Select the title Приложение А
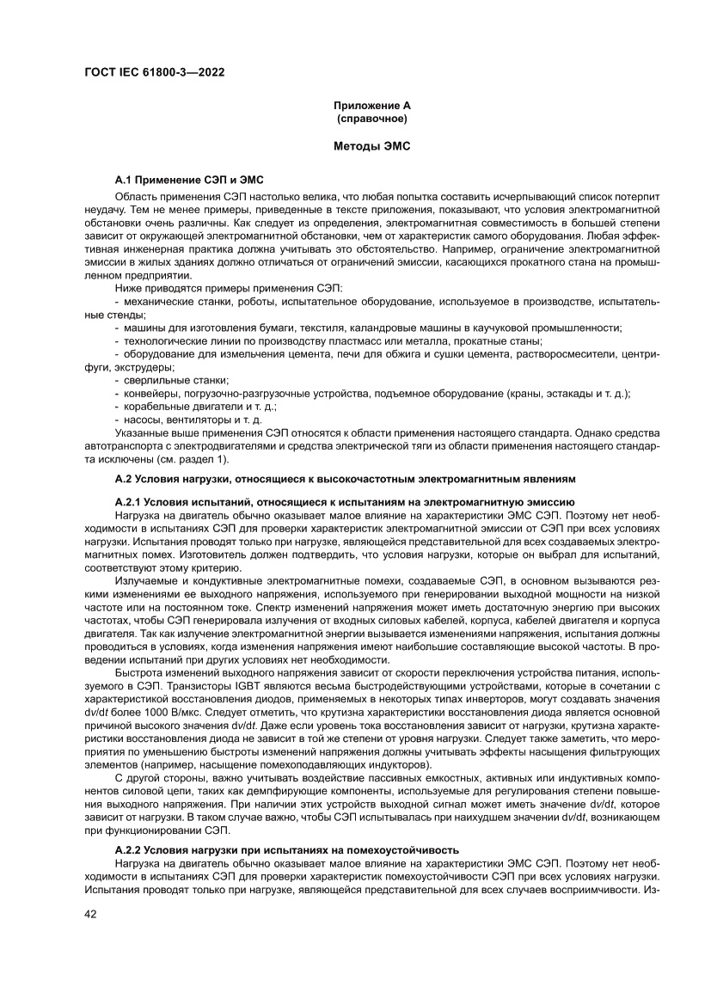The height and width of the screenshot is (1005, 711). [x=372, y=105]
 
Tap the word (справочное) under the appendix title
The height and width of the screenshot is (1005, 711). [x=372, y=117]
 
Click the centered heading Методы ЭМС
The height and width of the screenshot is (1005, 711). [x=372, y=147]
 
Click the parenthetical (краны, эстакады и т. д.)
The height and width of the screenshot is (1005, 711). [x=567, y=393]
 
